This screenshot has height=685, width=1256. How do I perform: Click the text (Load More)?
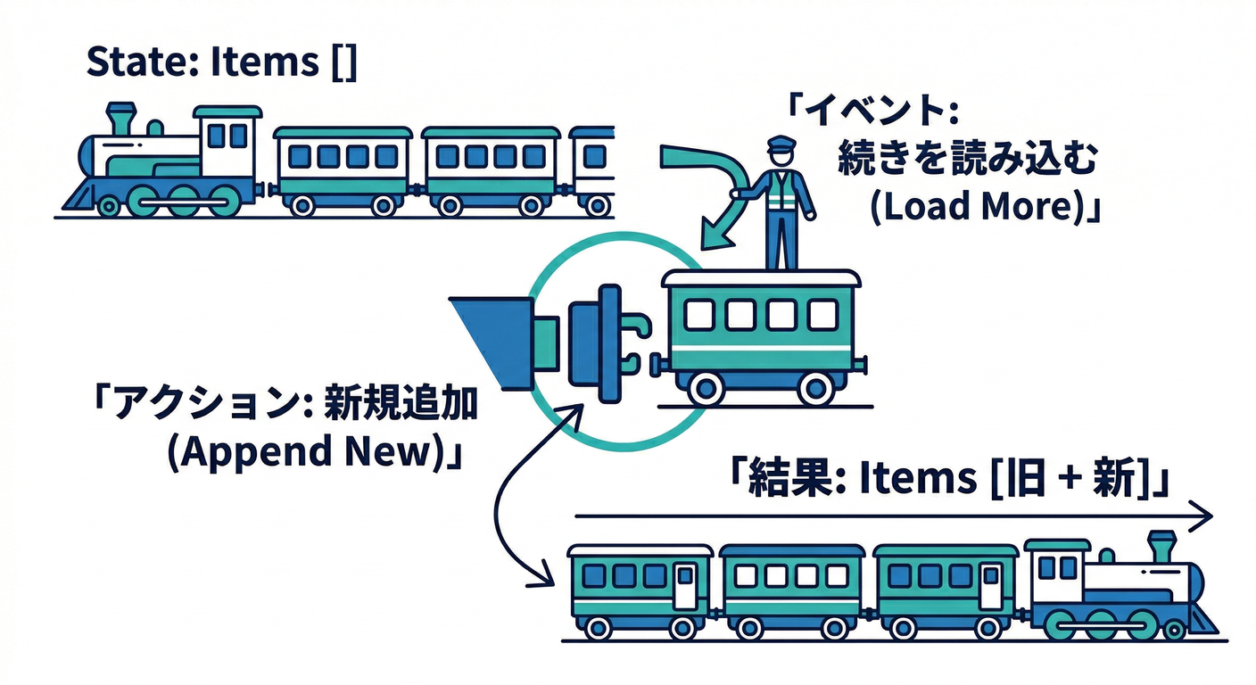click(973, 206)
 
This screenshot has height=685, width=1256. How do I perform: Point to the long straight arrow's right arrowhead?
click(1205, 516)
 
